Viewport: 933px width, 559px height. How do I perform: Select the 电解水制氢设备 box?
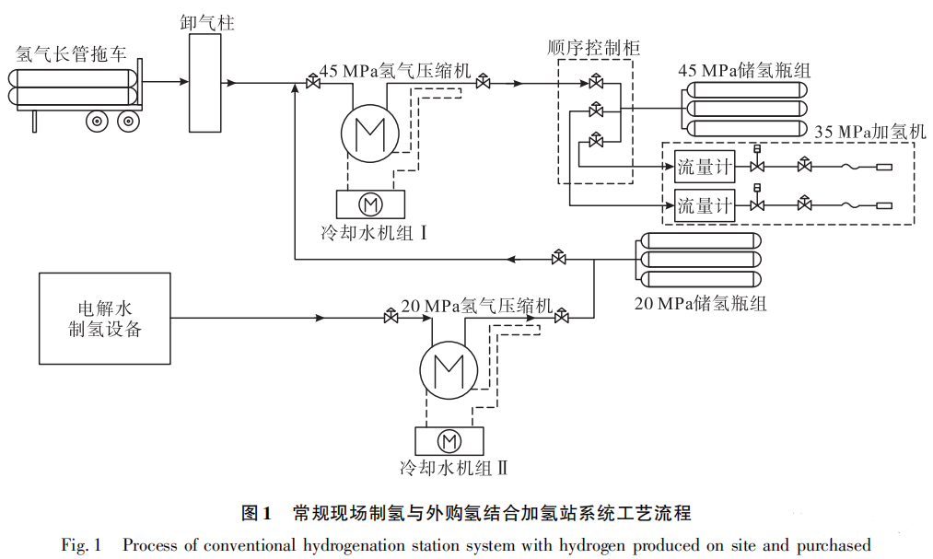click(104, 319)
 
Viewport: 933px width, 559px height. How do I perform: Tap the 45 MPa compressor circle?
click(369, 134)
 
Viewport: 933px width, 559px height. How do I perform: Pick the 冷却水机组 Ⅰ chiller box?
click(370, 203)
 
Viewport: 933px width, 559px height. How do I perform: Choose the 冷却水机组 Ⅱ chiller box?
click(450, 440)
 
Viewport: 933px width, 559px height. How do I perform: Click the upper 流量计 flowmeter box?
click(705, 167)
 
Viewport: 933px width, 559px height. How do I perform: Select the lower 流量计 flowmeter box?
click(705, 205)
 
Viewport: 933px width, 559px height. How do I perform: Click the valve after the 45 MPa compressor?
click(483, 84)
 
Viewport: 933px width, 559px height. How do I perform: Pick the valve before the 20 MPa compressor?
click(391, 319)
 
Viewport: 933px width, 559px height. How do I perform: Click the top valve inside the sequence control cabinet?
click(596, 84)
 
